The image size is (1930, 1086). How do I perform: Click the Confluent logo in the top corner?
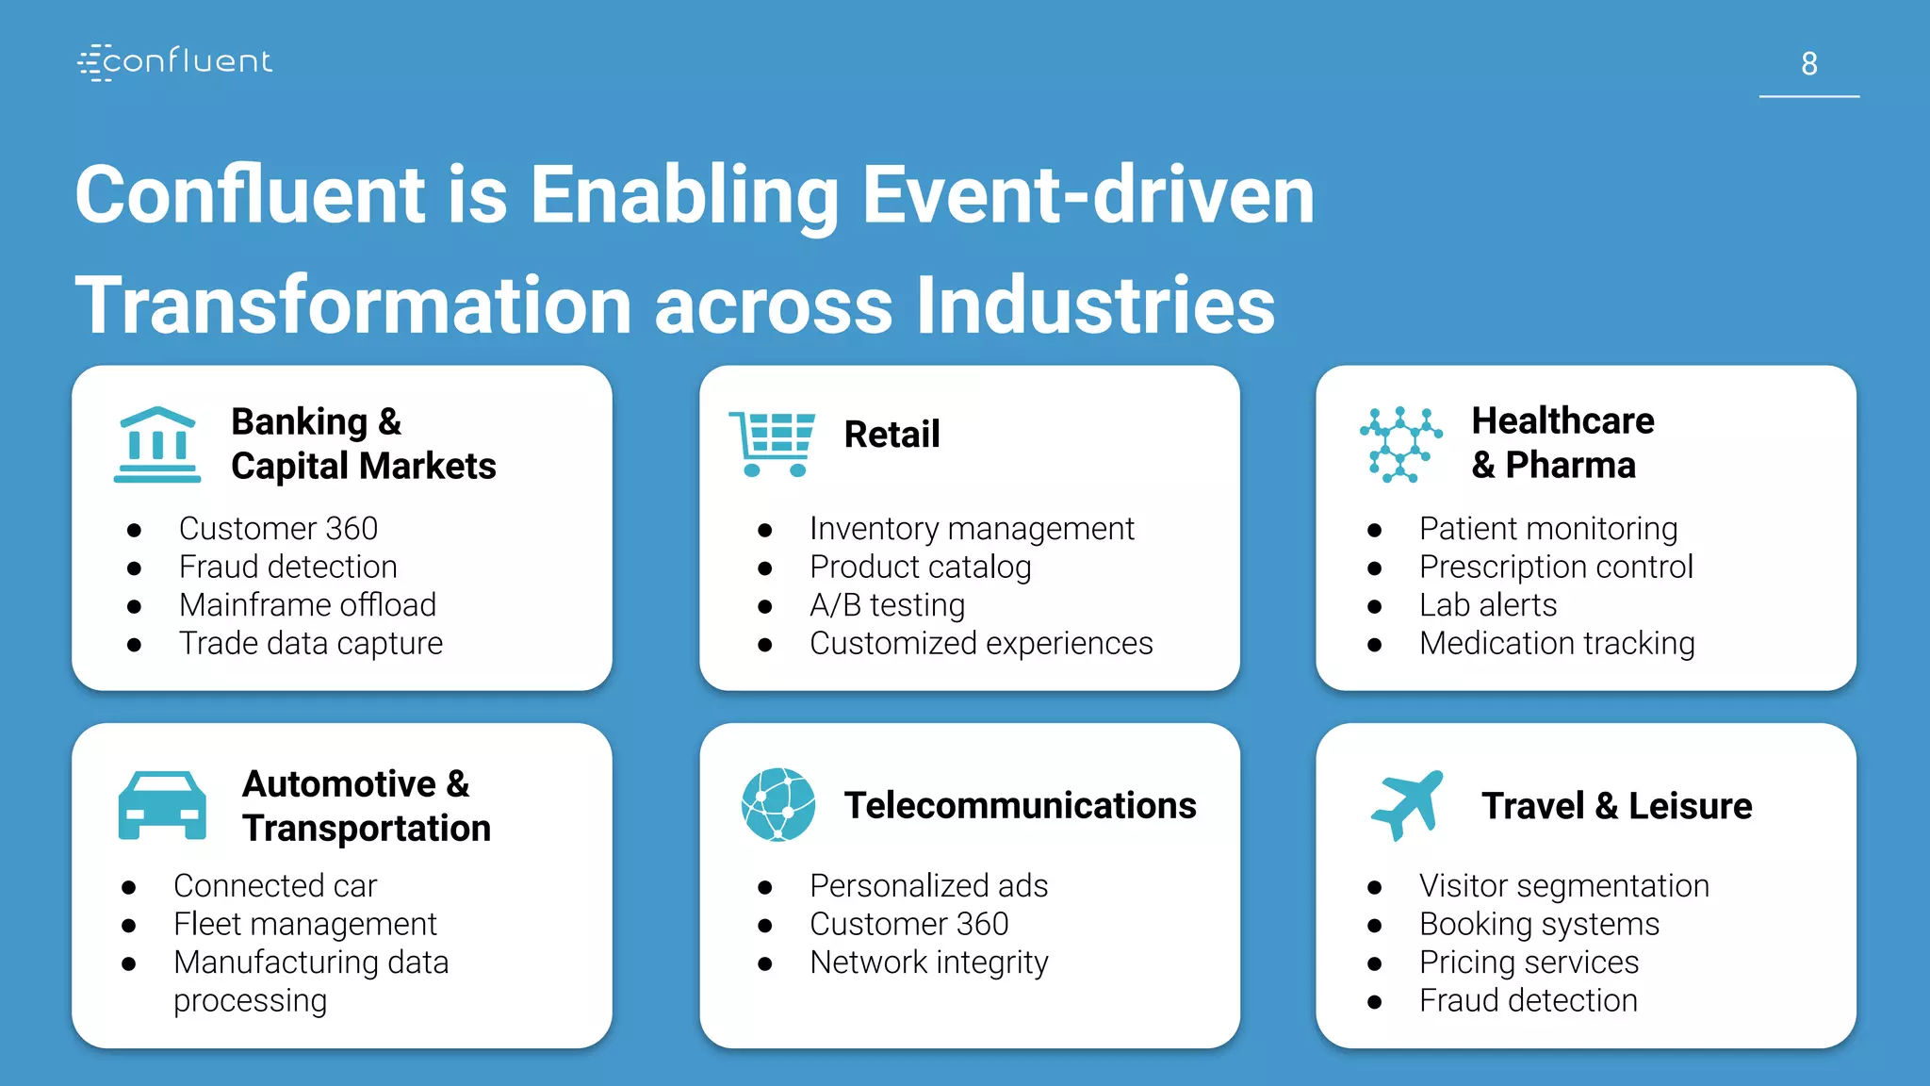[x=175, y=62]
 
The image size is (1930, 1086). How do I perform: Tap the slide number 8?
[x=1808, y=64]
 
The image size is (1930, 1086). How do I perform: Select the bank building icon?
[x=157, y=445]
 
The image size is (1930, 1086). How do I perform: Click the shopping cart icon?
[x=772, y=443]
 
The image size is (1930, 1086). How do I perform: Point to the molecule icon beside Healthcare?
[x=1400, y=445]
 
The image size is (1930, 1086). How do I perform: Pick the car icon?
[x=162, y=805]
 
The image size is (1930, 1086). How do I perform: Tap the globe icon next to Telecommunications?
[x=778, y=804]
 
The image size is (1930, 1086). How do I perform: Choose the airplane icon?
[x=1407, y=804]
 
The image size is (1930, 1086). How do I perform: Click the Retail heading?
[x=891, y=435]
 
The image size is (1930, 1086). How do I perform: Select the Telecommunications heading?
[x=1020, y=806]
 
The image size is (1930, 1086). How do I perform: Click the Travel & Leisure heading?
[x=1616, y=806]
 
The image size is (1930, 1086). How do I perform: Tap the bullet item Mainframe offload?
[x=307, y=605]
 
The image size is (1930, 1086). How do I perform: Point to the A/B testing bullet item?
[x=887, y=605]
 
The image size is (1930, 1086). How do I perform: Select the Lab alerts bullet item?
[x=1488, y=605]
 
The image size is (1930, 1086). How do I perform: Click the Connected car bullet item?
[x=275, y=886]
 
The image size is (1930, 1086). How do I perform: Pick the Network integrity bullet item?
[x=928, y=963]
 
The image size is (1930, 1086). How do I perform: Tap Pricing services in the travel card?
[x=1529, y=963]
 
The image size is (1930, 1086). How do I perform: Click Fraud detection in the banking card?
[x=288, y=567]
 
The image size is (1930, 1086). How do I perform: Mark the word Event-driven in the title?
[x=1088, y=195]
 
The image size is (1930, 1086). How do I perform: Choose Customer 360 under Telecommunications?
[x=908, y=924]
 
